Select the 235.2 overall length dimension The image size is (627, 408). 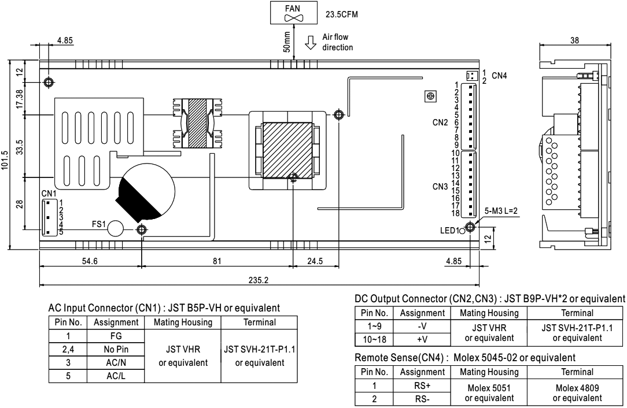point(259,280)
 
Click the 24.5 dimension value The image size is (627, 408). point(315,261)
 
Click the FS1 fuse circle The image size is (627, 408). point(116,228)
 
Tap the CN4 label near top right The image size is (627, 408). point(499,75)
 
